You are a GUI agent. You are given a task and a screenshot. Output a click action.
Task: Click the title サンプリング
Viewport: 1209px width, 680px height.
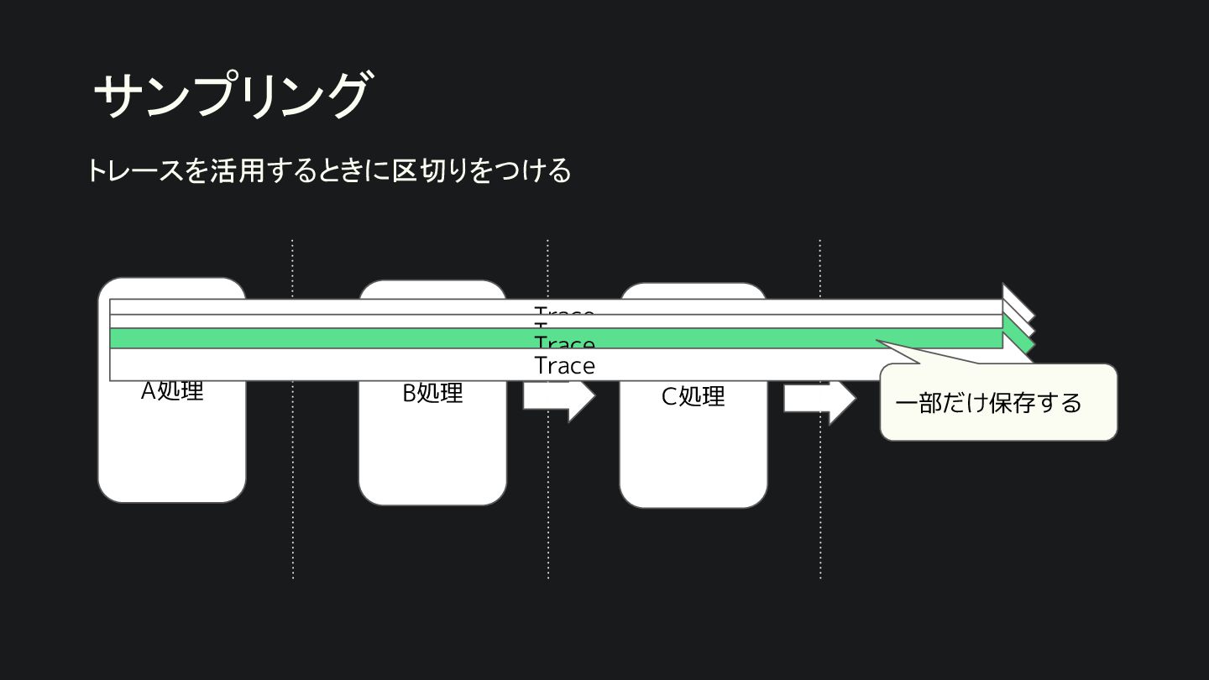[x=231, y=94]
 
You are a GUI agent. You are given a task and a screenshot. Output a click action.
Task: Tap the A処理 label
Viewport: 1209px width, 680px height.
[x=172, y=391]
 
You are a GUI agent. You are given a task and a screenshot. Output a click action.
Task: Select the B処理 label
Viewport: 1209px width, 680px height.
[x=432, y=393]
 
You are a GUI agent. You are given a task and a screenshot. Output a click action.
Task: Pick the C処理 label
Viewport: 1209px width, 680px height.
[x=693, y=396]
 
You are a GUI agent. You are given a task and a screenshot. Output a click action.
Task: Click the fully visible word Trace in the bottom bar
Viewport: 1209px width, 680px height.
[x=564, y=366]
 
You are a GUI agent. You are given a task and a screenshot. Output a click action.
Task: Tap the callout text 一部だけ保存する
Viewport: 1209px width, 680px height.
[x=988, y=403]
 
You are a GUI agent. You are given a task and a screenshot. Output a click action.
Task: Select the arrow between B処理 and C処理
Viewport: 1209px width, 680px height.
[x=558, y=399]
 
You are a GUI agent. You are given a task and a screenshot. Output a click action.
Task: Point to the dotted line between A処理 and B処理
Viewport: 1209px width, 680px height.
[x=292, y=504]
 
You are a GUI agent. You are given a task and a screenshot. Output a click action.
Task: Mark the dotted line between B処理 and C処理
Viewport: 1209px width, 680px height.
[x=547, y=504]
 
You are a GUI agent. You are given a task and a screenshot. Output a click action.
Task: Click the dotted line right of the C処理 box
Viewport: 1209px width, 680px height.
[x=820, y=504]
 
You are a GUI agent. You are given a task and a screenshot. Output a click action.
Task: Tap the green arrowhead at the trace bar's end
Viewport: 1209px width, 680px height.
[x=1021, y=341]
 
